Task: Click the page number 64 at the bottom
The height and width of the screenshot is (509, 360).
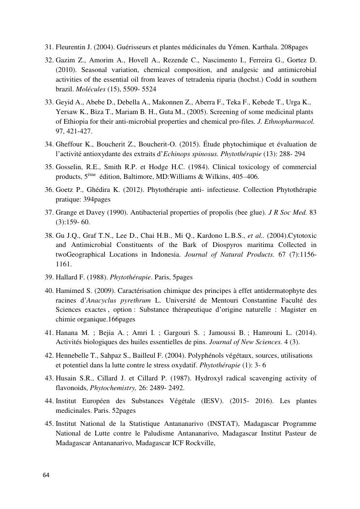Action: [x=46, y=475]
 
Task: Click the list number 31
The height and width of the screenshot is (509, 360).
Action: [x=48, y=47]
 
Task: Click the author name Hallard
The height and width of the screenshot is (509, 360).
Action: [x=67, y=277]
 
